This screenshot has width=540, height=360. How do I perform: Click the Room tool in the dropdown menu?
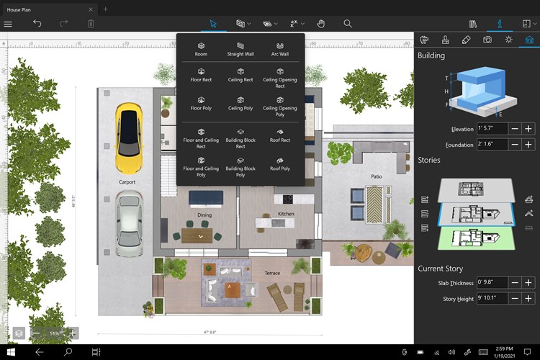pos(201,48)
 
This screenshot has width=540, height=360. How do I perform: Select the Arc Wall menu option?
pos(279,48)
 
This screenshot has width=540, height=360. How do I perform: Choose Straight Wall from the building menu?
pos(240,48)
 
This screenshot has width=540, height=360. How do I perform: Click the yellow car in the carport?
pos(127,130)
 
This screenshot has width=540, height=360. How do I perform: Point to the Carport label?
pos(127,182)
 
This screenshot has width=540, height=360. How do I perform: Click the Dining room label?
pos(204,215)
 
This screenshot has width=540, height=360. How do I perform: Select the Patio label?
pos(377,176)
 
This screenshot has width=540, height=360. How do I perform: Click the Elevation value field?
pos(492,129)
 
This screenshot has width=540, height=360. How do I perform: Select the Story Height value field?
pos(492,298)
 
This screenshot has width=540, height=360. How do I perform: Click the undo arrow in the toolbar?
pos(37,24)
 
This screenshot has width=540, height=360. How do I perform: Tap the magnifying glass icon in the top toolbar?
pos(348,24)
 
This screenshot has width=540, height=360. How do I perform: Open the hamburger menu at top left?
pos(8,24)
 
